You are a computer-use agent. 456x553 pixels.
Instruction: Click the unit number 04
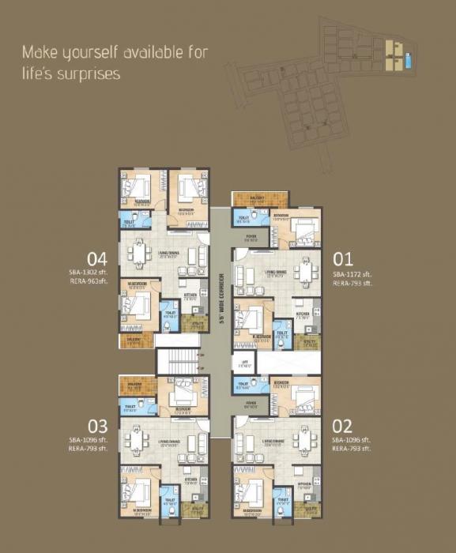pos(97,258)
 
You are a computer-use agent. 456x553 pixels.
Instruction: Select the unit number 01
pos(342,258)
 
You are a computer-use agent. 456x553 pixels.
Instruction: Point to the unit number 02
pos(342,427)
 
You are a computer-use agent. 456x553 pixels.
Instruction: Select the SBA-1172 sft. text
pos(351,273)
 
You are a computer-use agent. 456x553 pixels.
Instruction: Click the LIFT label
pos(245,364)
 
